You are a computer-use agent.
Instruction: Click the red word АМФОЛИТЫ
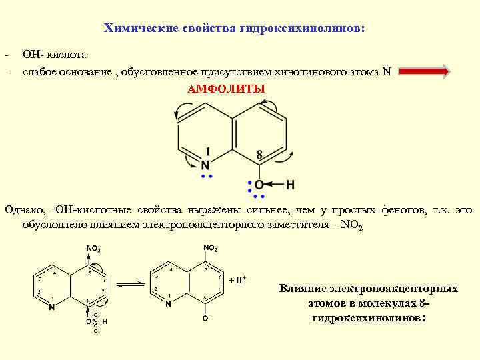coord(225,89)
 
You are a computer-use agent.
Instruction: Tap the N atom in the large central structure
coord(206,164)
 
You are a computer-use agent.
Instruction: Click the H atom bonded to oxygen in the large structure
coord(290,184)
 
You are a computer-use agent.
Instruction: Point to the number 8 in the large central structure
coord(259,154)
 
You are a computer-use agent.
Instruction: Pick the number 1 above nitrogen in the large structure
coord(209,151)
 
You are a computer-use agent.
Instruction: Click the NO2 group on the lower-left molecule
coord(93,249)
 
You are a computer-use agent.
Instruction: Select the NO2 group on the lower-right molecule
coord(210,248)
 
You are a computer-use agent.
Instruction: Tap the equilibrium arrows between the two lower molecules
coord(131,285)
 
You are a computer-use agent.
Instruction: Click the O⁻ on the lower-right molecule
coord(207,319)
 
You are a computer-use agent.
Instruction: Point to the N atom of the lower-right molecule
coord(169,304)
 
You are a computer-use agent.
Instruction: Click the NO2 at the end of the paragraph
coord(351,225)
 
